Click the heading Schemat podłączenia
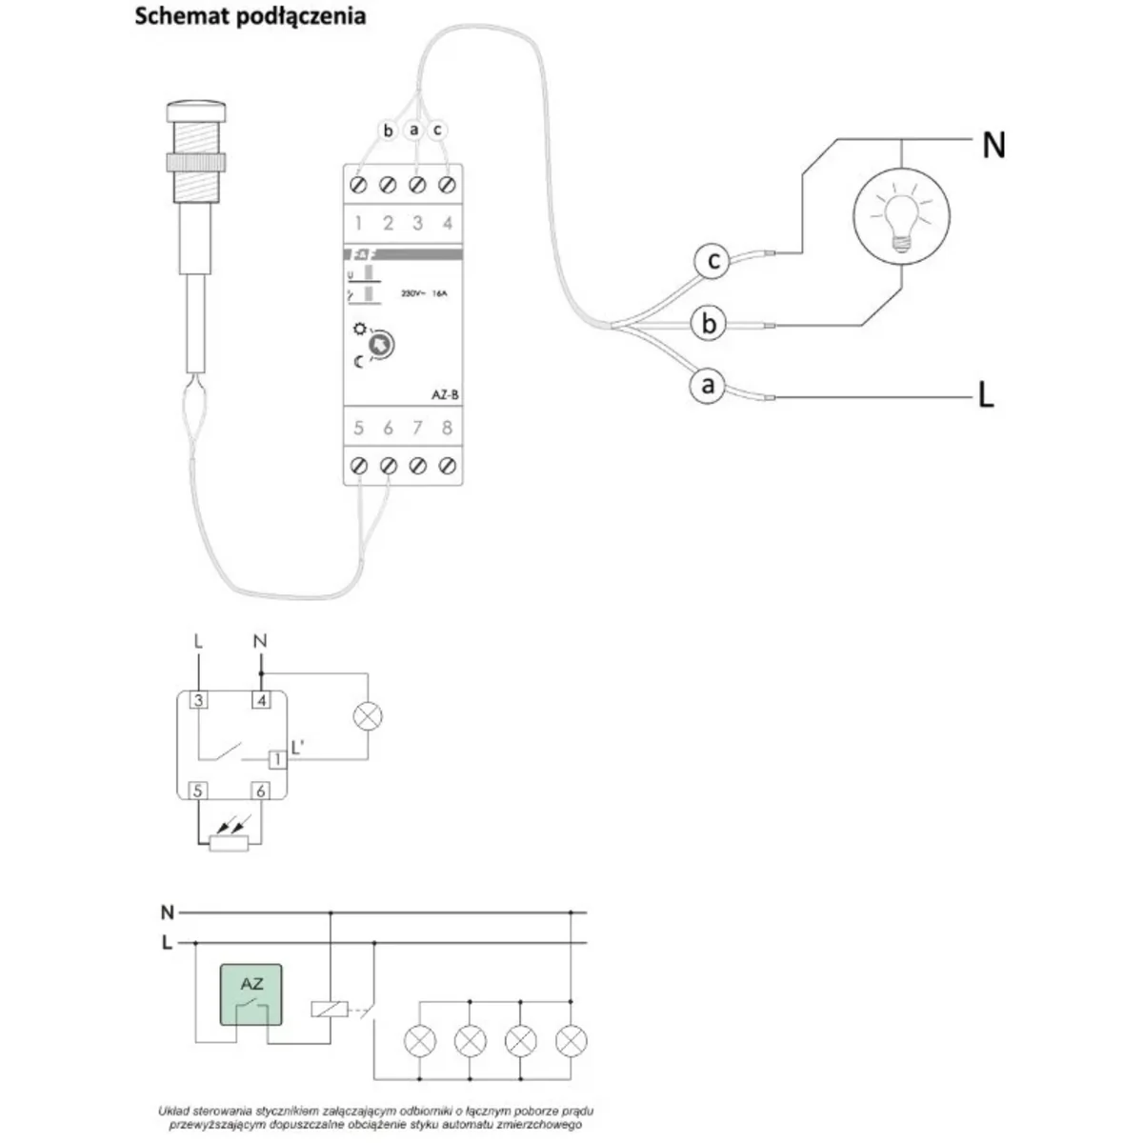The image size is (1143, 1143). (251, 17)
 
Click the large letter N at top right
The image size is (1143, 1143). (993, 145)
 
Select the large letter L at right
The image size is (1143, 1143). (986, 394)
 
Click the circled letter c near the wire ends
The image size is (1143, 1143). (712, 260)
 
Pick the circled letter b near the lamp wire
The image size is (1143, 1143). (709, 324)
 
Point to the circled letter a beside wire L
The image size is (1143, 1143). (707, 386)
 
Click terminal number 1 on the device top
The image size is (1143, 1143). (359, 224)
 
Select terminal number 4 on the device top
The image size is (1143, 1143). (447, 224)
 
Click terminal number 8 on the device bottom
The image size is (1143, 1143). (447, 429)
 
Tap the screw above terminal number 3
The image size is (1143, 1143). (417, 184)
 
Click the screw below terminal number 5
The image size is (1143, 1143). (359, 466)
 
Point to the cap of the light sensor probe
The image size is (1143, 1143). (195, 111)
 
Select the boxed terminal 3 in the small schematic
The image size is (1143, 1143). (198, 701)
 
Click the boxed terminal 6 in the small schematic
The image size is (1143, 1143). (260, 791)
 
